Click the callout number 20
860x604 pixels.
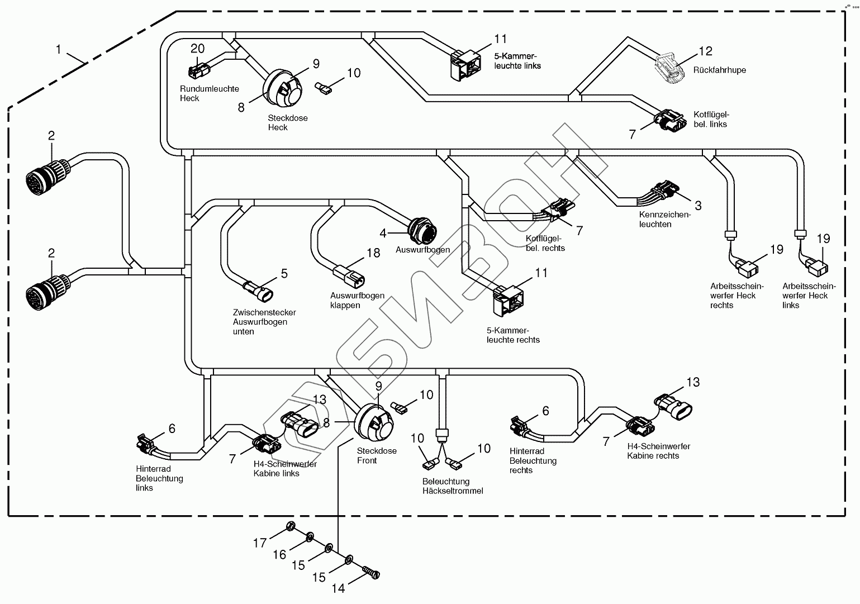pyautogui.click(x=198, y=48)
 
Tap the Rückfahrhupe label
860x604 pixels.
pyautogui.click(x=719, y=70)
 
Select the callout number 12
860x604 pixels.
pyautogui.click(x=705, y=51)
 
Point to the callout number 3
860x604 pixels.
pyautogui.click(x=698, y=205)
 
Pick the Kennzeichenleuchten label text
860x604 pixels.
pyautogui.click(x=664, y=220)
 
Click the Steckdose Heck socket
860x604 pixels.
pyautogui.click(x=283, y=88)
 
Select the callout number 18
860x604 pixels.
pyautogui.click(x=373, y=253)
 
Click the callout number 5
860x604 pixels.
pyautogui.click(x=284, y=273)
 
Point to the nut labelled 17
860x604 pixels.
pyautogui.click(x=291, y=525)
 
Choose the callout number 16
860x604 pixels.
pyautogui.click(x=279, y=554)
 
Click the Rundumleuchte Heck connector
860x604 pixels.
pyautogui.click(x=198, y=70)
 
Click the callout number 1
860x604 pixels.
pyautogui.click(x=58, y=49)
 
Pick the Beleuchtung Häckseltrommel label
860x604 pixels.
pyautogui.click(x=452, y=486)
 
